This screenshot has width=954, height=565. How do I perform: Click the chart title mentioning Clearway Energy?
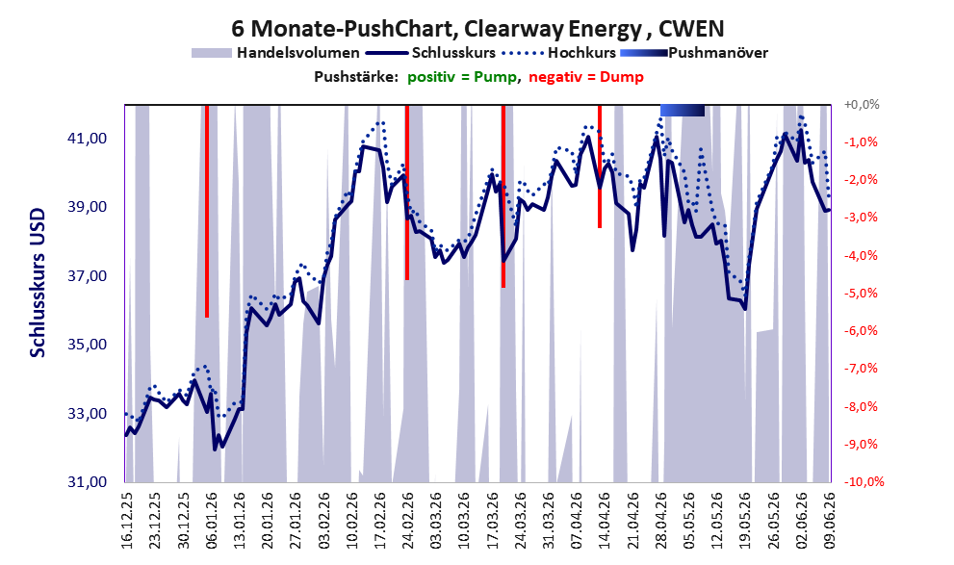tap(477, 29)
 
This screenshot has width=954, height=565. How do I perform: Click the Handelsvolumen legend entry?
tap(275, 53)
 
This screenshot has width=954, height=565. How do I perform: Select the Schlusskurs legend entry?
tap(431, 53)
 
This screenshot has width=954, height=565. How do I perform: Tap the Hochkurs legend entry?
tap(559, 53)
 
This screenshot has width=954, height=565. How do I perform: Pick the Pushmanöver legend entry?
tap(694, 53)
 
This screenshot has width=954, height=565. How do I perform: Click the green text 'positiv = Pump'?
tap(463, 77)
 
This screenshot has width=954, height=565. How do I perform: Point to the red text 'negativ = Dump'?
tap(586, 77)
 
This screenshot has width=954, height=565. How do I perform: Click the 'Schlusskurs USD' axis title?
tap(38, 283)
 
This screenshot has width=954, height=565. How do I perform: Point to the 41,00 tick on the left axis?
tap(87, 139)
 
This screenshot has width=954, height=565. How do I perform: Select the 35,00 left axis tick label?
tap(87, 345)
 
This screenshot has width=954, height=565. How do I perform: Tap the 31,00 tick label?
tap(87, 481)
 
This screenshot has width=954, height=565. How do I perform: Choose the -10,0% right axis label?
tap(864, 481)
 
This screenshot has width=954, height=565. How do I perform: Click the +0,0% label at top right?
tap(862, 105)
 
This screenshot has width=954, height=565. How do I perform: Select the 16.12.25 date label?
tap(126, 521)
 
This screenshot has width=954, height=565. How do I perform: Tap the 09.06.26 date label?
tap(830, 521)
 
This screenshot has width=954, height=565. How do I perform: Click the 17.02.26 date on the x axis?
tap(379, 521)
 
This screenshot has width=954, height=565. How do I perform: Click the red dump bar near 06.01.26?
tap(207, 211)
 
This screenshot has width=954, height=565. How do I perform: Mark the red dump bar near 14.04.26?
tap(600, 166)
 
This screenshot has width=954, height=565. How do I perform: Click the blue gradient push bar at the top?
tap(683, 110)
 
